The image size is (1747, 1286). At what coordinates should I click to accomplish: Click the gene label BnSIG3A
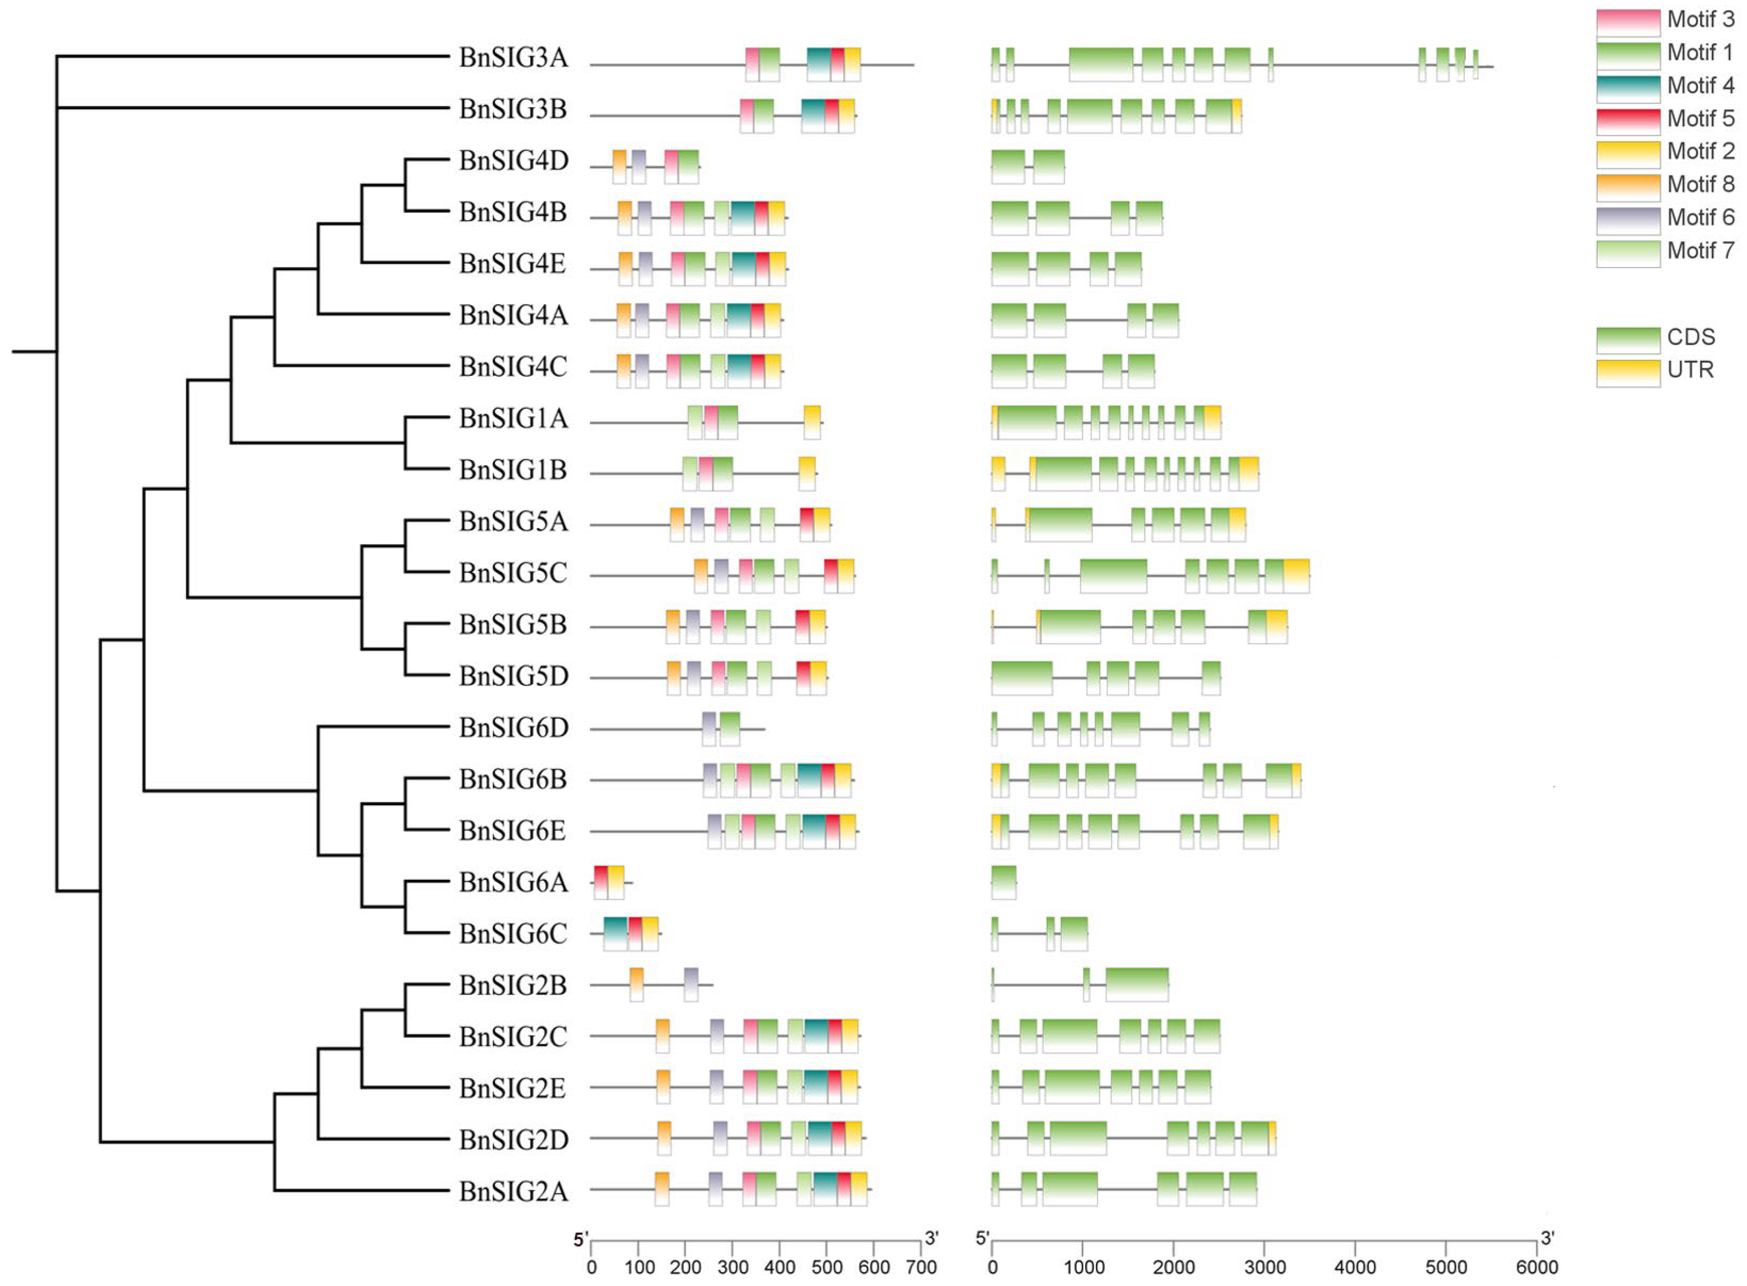[x=513, y=58]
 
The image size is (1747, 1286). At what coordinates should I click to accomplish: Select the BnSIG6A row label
[x=513, y=882]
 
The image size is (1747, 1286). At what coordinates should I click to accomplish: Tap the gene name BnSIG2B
[x=513, y=985]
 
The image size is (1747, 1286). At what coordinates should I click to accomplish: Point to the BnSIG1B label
[x=513, y=470]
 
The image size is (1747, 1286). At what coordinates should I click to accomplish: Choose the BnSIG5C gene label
[x=513, y=573]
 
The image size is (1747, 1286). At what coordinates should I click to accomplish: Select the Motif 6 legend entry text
[x=1700, y=217]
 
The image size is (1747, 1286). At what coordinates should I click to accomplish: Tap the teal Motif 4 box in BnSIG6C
[x=615, y=933]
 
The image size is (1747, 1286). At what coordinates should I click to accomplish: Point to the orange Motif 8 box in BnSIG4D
[x=620, y=165]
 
